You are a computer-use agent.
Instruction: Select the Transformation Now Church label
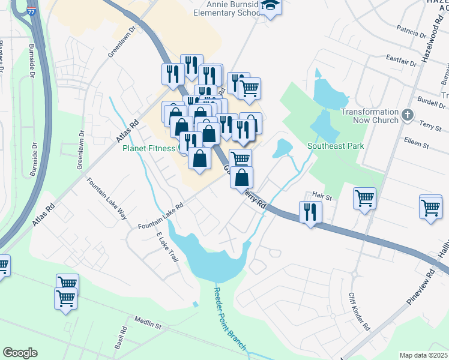tap(369, 116)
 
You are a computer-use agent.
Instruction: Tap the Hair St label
tap(322, 195)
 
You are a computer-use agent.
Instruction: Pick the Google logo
tap(20, 353)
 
